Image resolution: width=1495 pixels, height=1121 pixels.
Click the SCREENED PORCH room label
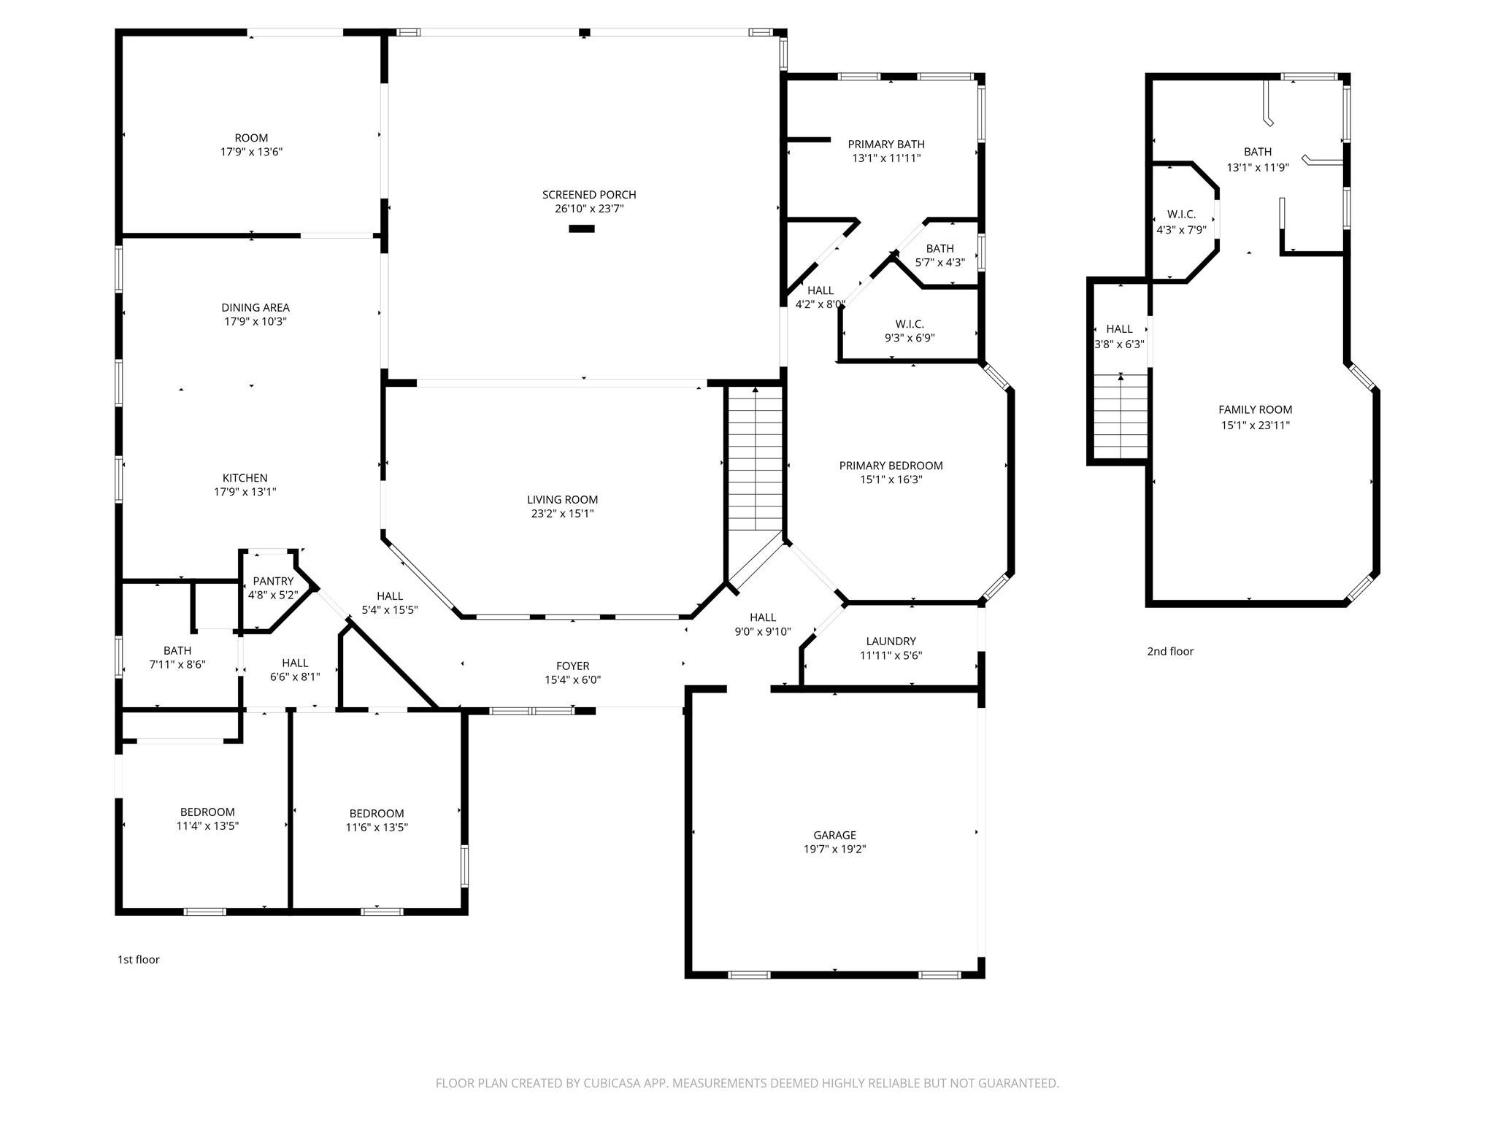pos(588,195)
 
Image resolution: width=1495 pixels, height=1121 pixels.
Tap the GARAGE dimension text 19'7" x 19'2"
pos(834,849)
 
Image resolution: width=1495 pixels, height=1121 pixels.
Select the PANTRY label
pos(273,581)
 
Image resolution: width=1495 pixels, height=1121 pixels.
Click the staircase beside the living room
pos(756,460)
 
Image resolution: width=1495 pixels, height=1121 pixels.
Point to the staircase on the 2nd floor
pos(1121,416)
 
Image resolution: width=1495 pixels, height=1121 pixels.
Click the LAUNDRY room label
pos(891,642)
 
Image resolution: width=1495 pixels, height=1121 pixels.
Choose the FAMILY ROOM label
pos(1255,410)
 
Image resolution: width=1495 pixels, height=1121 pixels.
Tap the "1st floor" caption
pos(138,960)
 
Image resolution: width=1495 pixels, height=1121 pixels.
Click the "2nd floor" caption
pos(1170,652)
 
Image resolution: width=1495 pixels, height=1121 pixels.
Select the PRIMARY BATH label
pos(885,145)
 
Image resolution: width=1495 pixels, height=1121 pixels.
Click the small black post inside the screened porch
pos(582,228)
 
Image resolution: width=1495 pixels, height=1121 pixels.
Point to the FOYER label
pos(572,666)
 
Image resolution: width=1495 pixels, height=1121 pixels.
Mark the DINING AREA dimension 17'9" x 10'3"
pos(255,321)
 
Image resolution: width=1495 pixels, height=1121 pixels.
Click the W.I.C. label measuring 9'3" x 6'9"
pos(910,324)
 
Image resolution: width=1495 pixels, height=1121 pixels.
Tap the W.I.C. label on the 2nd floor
pos(1181,215)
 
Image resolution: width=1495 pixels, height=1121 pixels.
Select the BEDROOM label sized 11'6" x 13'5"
pos(376,813)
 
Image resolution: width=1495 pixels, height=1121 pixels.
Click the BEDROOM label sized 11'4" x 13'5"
pos(207,812)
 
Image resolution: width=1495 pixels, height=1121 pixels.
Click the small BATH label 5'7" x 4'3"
pos(939,249)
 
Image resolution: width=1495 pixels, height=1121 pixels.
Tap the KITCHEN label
pos(245,478)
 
